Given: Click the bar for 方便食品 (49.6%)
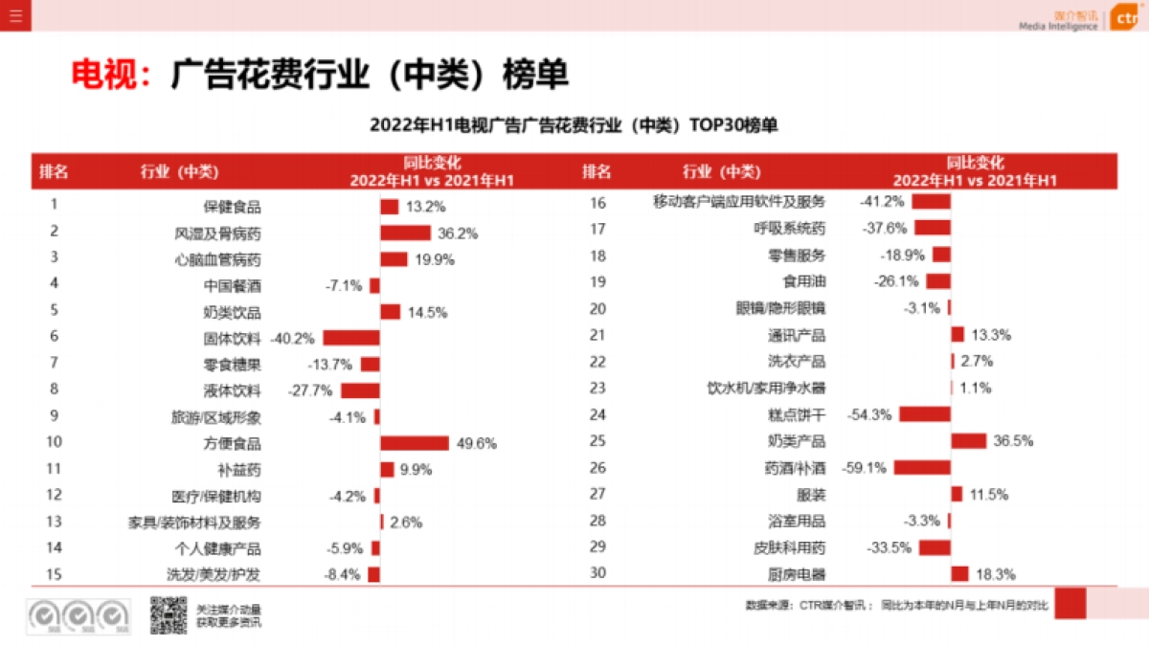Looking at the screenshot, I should (415, 443).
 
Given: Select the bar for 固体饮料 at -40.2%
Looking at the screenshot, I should (351, 338).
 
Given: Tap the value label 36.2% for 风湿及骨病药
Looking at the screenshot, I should (458, 234).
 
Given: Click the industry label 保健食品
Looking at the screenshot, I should (232, 207).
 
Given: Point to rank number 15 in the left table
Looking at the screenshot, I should (55, 574).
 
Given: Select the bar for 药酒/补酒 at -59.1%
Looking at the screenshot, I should (922, 468).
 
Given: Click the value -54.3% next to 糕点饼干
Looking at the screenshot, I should (869, 414).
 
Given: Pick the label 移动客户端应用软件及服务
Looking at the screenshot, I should (738, 202).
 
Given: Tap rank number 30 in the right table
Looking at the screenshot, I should (598, 573).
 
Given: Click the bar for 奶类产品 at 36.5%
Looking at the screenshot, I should (969, 441).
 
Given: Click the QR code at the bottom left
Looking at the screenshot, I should (168, 614).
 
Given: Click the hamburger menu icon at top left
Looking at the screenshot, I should (14, 14).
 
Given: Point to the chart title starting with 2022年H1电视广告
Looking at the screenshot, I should (574, 125).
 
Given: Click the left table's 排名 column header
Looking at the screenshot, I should (54, 172).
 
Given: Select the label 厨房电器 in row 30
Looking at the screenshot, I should (797, 574).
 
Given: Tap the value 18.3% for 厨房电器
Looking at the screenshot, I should (995, 574).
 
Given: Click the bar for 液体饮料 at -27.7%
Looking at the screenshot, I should (360, 390).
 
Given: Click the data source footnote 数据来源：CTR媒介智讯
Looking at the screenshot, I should (806, 605).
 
